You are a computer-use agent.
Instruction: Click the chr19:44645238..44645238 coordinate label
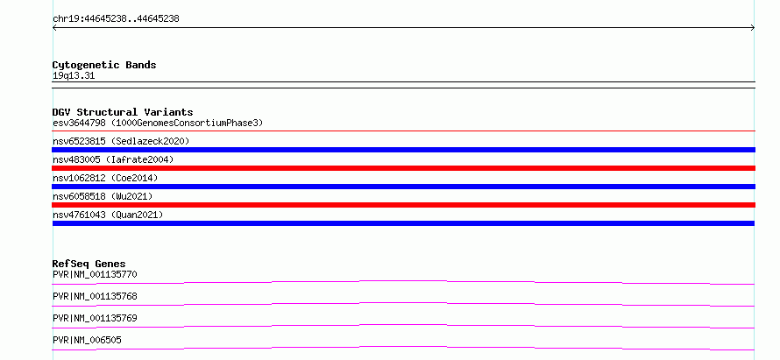point(116,19)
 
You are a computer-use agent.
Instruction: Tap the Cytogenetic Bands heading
point(104,65)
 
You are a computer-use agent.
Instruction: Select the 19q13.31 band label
point(74,76)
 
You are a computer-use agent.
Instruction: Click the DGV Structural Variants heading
point(123,112)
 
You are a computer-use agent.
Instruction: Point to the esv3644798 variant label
point(79,123)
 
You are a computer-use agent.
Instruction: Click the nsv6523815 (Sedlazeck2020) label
point(121,141)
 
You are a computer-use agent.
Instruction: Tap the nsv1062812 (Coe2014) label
point(105,178)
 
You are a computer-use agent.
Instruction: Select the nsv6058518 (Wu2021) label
point(103,196)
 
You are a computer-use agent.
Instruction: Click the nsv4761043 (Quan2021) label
point(108,215)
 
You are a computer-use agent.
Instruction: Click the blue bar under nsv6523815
point(404,150)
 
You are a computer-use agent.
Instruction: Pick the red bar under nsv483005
point(404,168)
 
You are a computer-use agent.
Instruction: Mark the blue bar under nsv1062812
point(404,187)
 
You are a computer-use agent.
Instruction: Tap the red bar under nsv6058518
point(404,205)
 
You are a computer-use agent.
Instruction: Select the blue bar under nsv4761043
point(404,223)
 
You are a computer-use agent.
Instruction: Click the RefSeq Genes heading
point(89,264)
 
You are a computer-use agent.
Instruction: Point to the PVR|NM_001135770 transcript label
point(95,274)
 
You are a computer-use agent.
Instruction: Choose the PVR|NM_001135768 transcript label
point(95,296)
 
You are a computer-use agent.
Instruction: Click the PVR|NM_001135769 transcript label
point(95,318)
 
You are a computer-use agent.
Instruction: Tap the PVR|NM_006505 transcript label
point(87,340)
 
